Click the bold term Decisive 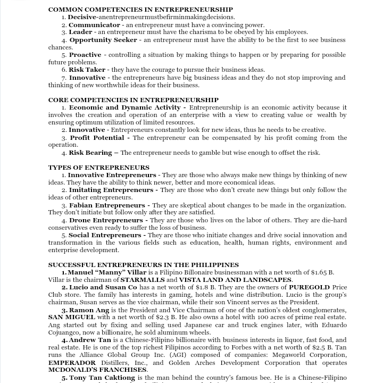82,17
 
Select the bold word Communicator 94,25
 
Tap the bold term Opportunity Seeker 103,40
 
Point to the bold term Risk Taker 87,70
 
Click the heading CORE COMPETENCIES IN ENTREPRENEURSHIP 133,100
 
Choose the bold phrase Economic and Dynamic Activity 125,107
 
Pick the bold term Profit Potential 97,138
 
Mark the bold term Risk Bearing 90,153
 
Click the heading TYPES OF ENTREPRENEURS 99,168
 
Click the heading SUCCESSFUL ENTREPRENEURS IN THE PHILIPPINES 144,265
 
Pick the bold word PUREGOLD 310,287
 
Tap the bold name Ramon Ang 89,310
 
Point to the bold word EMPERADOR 73,363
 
